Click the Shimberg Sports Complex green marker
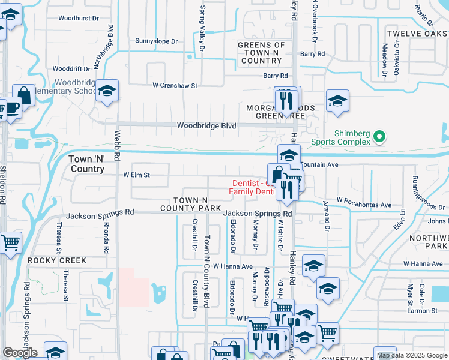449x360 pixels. point(378,137)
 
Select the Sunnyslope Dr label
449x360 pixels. point(157,41)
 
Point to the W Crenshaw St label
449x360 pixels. point(175,86)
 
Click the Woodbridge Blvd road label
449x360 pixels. point(206,125)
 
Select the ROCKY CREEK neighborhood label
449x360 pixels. point(57,260)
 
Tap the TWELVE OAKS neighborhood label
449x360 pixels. point(417,34)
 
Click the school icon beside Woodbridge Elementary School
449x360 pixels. point(107,91)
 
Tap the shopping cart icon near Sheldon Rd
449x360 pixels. point(10,243)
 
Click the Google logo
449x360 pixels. point(20,353)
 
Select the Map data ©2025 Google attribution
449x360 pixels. point(412,355)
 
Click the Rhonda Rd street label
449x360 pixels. point(106,237)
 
